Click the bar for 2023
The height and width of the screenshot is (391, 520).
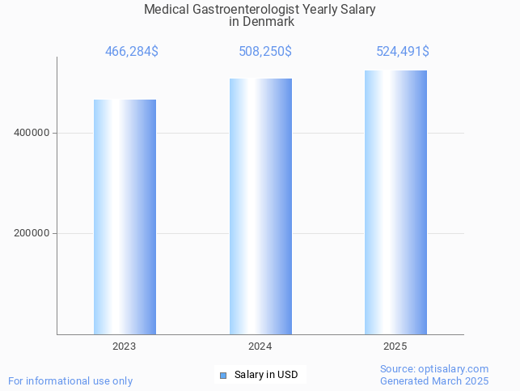(125, 217)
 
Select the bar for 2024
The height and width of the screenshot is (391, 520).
(260, 206)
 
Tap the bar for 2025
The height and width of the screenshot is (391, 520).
(395, 202)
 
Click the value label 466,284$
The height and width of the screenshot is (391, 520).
(132, 52)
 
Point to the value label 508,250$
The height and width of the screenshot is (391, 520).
(265, 52)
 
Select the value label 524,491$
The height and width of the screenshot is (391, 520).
(403, 52)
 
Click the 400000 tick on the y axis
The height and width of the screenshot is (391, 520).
(32, 133)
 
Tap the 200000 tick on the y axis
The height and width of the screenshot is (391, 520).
(32, 233)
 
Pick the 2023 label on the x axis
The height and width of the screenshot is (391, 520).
(125, 346)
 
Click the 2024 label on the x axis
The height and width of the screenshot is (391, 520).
(260, 346)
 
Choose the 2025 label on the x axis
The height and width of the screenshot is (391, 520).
(395, 346)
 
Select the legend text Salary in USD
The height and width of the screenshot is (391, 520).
(266, 375)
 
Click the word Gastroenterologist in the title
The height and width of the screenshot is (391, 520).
(243, 10)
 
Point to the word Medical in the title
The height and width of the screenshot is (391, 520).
(165, 10)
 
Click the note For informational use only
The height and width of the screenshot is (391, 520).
(70, 380)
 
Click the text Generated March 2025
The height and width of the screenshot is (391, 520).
(434, 380)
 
